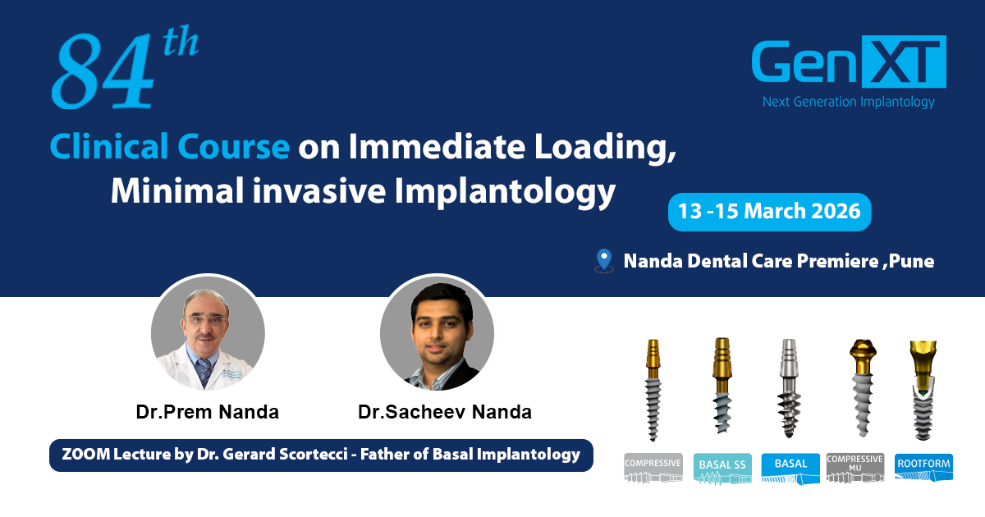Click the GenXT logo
849,62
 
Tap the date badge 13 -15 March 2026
770,212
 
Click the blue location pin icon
604,260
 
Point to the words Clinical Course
170,146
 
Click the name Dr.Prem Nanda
207,412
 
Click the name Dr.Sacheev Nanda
445,412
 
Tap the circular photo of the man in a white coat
208,332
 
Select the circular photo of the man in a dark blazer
437,332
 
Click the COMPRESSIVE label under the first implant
653,468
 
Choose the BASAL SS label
722,469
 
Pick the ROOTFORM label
923,468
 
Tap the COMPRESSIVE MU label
854,468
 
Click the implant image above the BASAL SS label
722,386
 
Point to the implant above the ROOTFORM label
923,390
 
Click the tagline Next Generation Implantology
848,102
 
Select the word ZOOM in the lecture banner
85,454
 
